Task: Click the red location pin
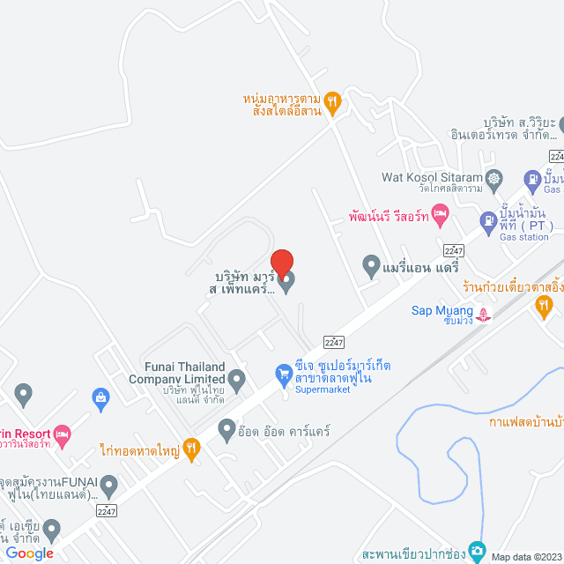281,264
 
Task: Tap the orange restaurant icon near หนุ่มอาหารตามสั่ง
331,101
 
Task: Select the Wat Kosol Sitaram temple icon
493,178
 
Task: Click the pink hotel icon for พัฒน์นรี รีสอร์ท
441,213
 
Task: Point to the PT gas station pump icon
488,220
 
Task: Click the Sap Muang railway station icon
483,311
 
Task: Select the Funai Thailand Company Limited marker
235,377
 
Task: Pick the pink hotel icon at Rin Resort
61,434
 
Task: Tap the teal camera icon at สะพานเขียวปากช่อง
477,551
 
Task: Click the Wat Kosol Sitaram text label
433,177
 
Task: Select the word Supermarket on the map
323,390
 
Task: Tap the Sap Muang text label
442,309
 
